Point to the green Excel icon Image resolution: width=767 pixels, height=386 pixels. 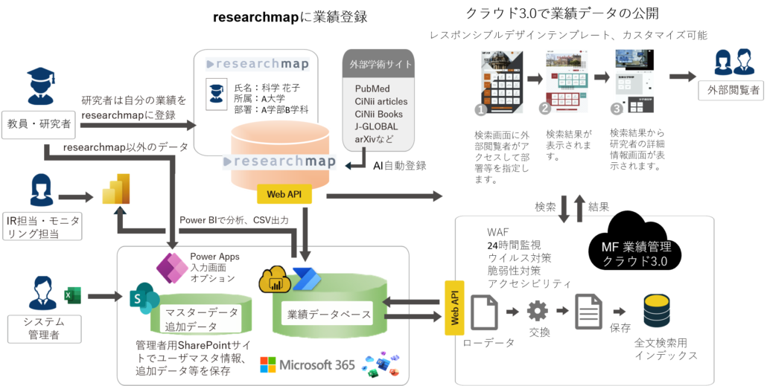pos(73,295)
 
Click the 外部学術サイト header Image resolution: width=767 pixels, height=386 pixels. pos(381,65)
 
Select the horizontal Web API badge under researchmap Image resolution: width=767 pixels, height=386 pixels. pos(283,194)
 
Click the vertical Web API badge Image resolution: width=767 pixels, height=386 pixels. pos(453,308)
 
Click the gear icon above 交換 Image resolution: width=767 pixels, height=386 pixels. pos(537,311)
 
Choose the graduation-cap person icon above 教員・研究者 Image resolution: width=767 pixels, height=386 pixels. pos(40,86)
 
